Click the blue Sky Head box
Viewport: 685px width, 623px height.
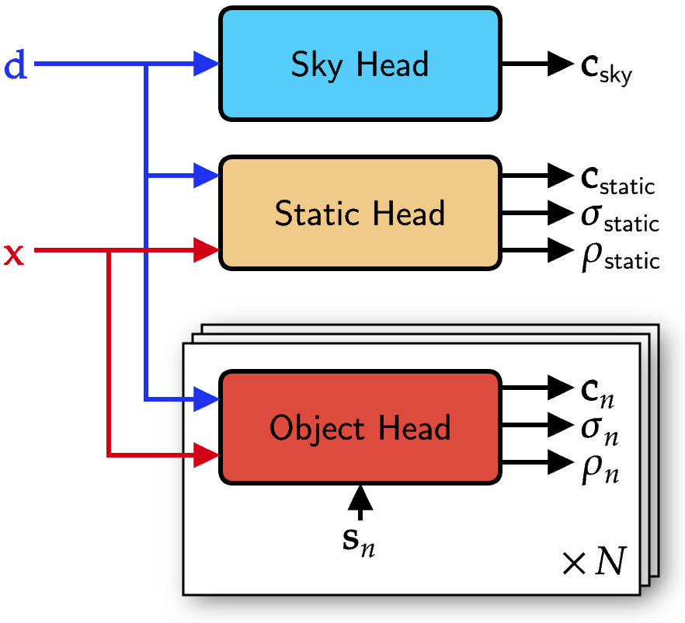(360, 64)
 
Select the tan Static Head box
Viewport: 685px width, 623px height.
(360, 213)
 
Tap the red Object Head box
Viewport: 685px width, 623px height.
(360, 427)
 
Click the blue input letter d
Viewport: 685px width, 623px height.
(16, 67)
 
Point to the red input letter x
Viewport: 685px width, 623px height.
(15, 253)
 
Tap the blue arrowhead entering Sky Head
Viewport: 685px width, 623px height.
(206, 64)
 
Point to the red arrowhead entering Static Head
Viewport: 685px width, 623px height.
(206, 250)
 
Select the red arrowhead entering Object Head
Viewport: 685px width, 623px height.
(206, 455)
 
